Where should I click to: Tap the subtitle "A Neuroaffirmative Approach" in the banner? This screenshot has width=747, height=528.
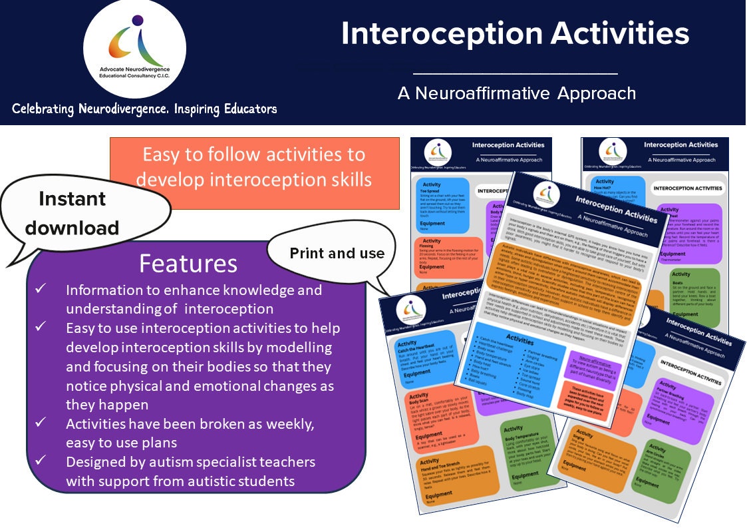(516, 93)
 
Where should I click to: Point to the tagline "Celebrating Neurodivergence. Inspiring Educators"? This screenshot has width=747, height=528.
(144, 109)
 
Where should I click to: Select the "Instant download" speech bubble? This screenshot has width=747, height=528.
(72, 212)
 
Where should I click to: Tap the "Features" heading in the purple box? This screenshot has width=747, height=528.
(188, 264)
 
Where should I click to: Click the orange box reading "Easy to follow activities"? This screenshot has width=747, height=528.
(253, 167)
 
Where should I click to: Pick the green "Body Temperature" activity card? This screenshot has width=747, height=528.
(526, 453)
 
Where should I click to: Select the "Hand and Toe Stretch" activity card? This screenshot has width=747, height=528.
(442, 478)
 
